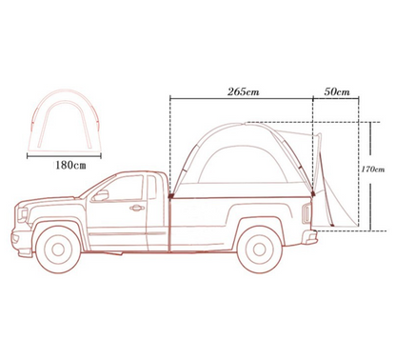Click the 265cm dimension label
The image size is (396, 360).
click(x=241, y=91)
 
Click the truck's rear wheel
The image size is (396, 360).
click(x=256, y=250)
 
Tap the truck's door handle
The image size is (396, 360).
click(x=137, y=207)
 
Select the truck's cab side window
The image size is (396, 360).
click(x=127, y=186)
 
